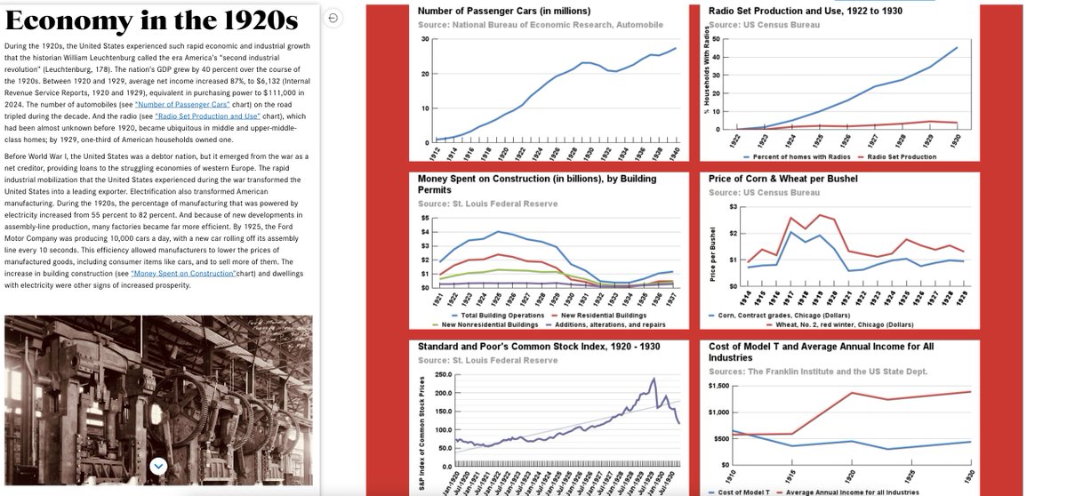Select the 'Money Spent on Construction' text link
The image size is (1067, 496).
tap(183, 274)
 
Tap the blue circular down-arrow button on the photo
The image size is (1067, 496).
tap(158, 465)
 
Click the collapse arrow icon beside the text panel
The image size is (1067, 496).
tap(333, 18)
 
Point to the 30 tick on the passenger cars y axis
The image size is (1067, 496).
tap(425, 39)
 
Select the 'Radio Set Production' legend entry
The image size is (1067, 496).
tap(900, 157)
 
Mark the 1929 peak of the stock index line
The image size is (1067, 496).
tap(654, 379)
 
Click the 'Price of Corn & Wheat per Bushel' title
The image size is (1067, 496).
tap(782, 179)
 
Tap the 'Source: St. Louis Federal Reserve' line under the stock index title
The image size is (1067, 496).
tap(487, 360)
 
